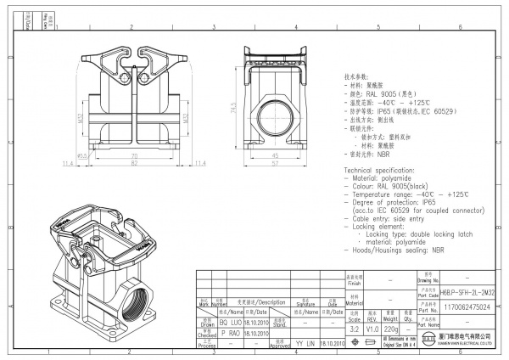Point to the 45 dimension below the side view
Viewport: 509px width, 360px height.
273,156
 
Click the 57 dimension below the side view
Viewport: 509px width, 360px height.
273,164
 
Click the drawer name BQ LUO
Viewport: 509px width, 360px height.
231,323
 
